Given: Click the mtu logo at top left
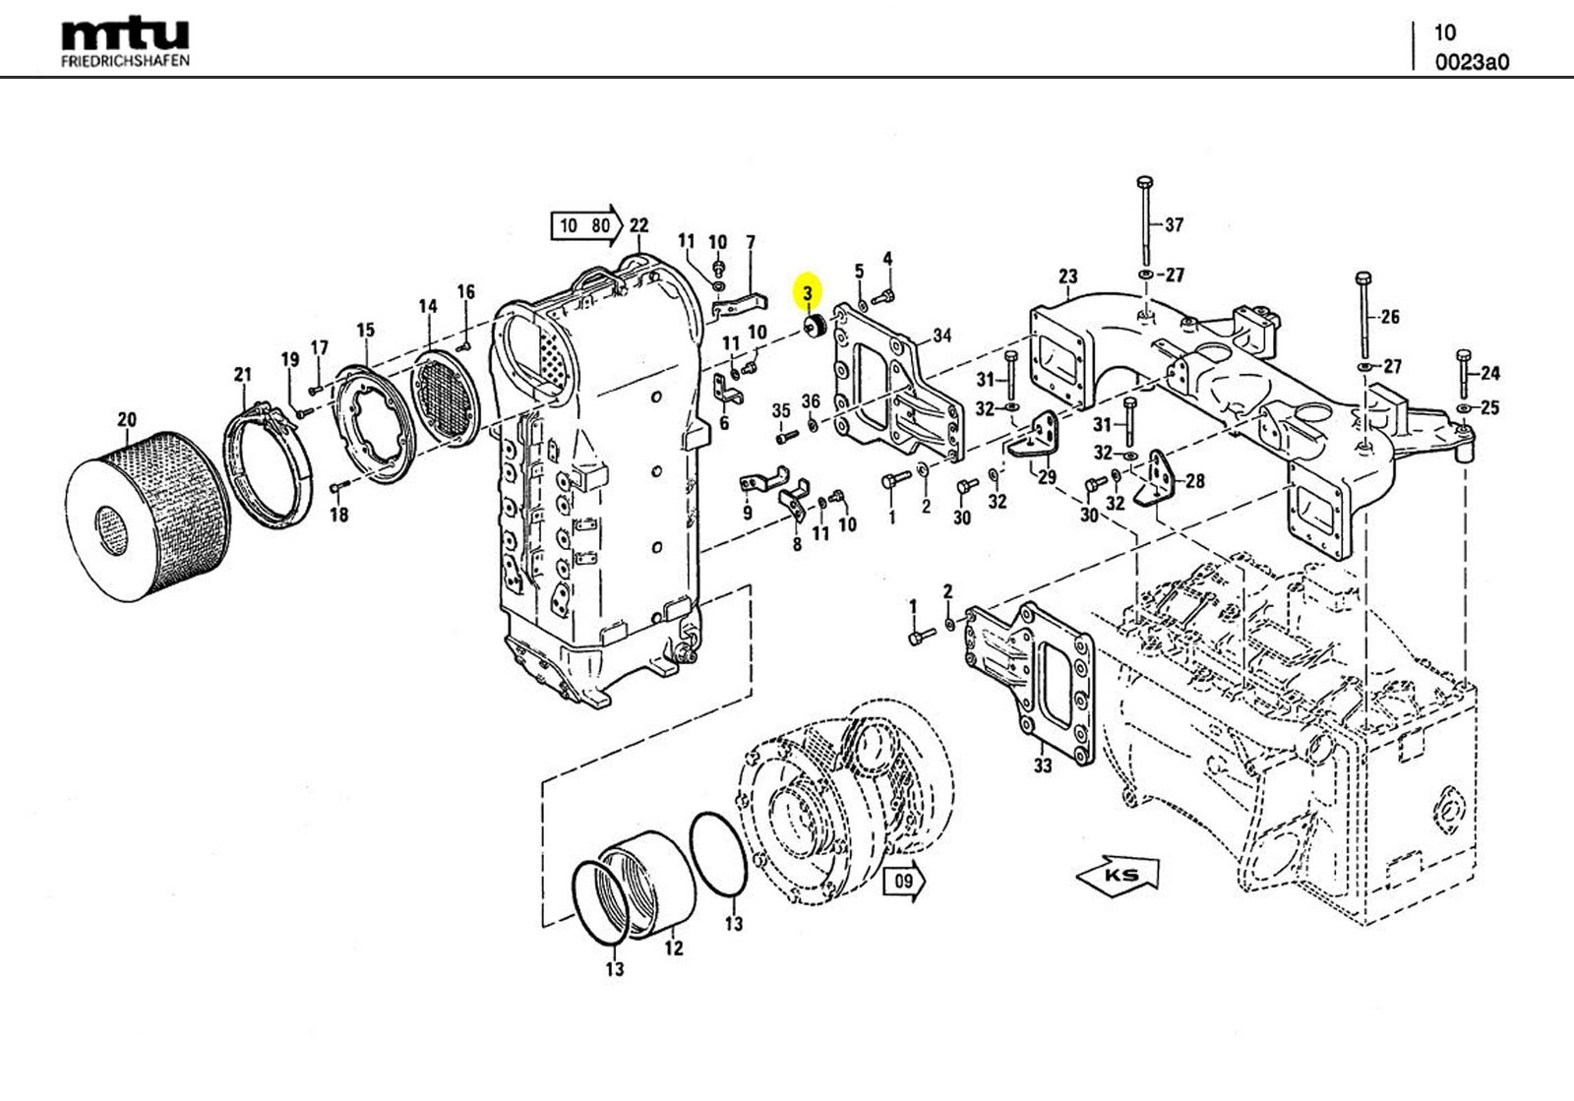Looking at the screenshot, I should [x=125, y=35].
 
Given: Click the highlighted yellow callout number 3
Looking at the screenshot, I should [x=808, y=292].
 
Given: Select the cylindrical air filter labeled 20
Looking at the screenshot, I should [x=148, y=515].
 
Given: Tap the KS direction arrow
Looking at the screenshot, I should [x=1119, y=875].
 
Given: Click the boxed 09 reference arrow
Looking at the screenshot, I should [x=904, y=881].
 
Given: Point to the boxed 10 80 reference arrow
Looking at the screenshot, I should [x=585, y=225].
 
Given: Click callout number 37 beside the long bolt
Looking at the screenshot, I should [x=1174, y=224].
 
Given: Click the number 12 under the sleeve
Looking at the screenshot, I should [x=673, y=948].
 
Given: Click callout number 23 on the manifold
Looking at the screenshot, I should [x=1068, y=276].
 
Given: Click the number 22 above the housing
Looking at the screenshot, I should [x=639, y=225].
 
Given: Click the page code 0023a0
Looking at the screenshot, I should [x=1471, y=62].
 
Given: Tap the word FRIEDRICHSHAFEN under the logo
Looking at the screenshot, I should [x=125, y=61].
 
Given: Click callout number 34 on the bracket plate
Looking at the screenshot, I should [x=941, y=336].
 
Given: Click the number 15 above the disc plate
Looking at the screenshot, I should [x=365, y=330].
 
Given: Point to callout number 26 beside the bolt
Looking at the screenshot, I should [x=1389, y=316].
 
